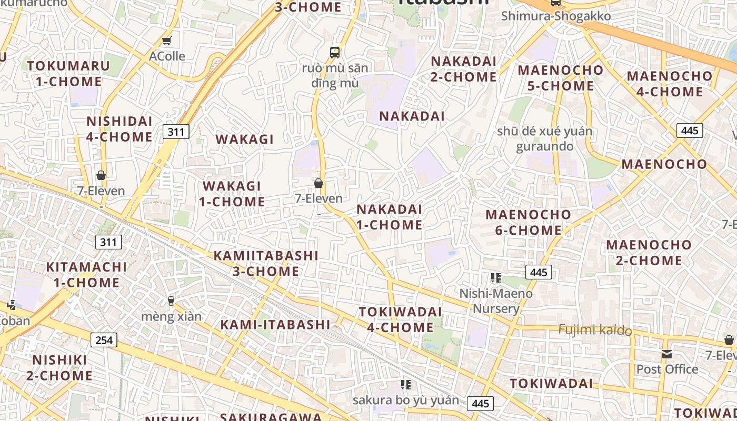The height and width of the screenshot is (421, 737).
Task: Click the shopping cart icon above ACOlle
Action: coord(167,41)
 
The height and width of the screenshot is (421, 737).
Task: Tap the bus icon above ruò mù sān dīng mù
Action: coord(335,52)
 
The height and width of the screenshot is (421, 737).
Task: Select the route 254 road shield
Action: coord(104,340)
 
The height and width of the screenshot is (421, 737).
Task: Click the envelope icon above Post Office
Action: coord(667,354)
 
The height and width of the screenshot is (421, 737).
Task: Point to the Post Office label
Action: coord(667,369)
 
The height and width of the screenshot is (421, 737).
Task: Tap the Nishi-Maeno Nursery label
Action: coord(496,300)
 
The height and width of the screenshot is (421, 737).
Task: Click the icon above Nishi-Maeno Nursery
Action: coord(495,277)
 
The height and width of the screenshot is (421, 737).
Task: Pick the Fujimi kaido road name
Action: coord(595,330)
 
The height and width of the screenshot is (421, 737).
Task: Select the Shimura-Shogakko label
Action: coord(556,16)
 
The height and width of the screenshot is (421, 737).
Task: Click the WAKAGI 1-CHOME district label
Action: coord(232,194)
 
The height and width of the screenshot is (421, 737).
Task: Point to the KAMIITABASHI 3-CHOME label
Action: coord(266,263)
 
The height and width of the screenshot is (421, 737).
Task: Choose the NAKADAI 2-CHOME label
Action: coord(464,69)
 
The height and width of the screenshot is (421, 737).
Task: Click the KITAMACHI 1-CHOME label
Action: coord(86,274)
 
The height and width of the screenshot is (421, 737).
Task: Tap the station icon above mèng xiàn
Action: coord(171,301)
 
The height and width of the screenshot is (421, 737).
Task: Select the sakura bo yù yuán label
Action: coord(405,400)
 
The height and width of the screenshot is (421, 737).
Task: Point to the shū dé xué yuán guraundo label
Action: coord(544,138)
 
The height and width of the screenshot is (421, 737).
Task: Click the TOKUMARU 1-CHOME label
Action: coord(68,73)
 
